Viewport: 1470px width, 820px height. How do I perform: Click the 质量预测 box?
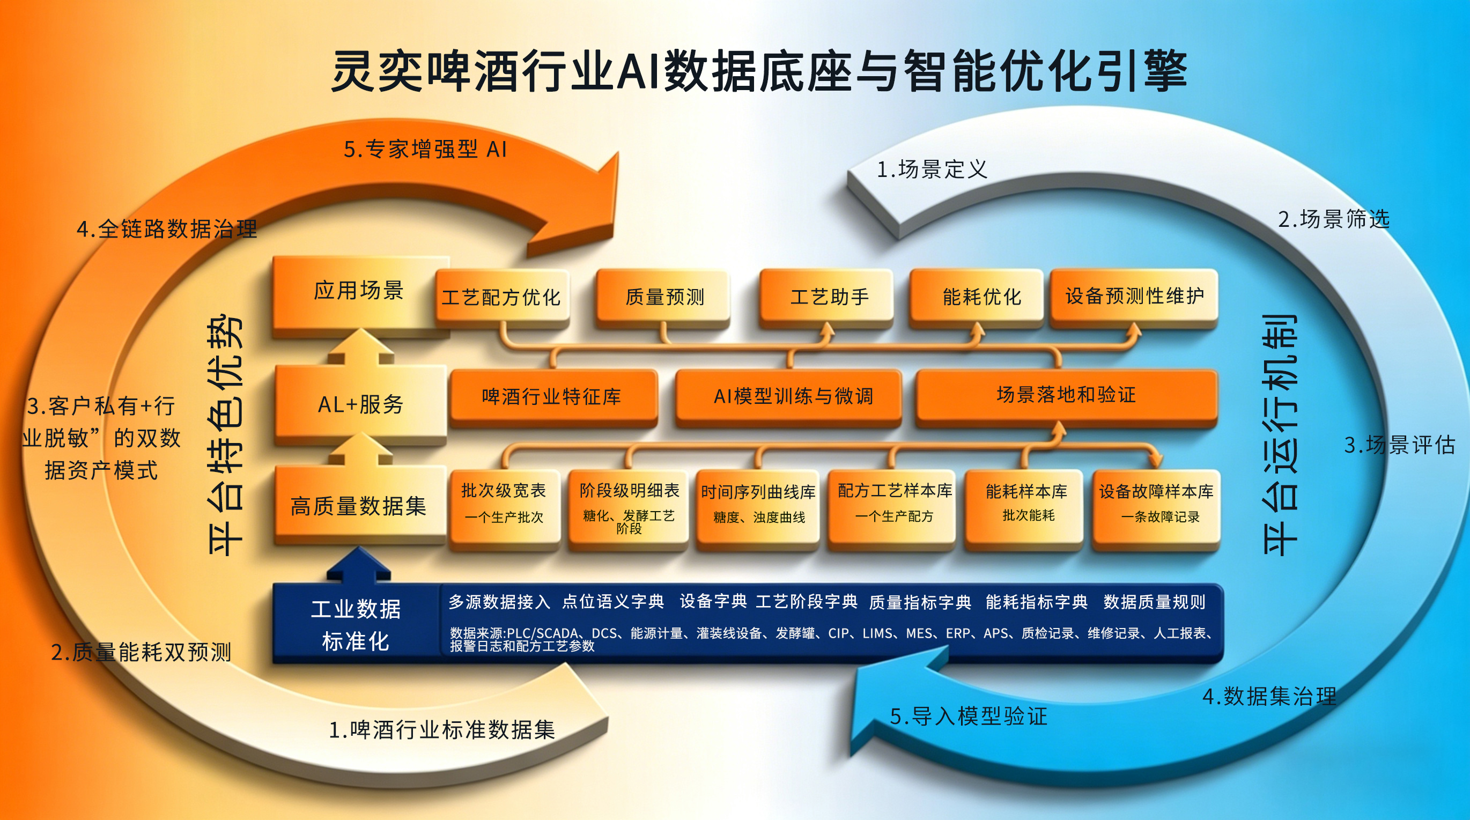tap(663, 297)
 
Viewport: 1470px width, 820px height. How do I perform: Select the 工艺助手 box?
tap(827, 297)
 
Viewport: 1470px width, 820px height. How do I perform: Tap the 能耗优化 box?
tap(977, 297)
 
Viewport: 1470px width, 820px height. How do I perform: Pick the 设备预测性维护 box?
tap(1134, 297)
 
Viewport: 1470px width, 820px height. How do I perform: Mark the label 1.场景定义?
tap(932, 169)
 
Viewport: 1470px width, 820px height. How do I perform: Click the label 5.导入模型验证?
tap(969, 716)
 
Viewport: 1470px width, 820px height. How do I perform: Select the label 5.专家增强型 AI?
tap(425, 150)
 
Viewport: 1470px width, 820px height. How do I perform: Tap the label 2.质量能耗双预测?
tap(141, 652)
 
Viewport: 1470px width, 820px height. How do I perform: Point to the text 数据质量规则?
tap(1154, 602)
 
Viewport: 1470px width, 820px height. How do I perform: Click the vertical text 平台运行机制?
tap(1280, 435)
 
